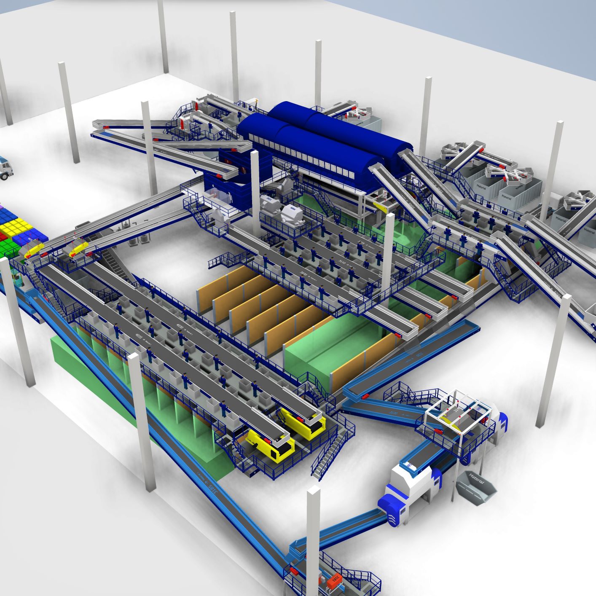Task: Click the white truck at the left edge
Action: click(x=6, y=167)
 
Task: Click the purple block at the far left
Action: click(x=1, y=207)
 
